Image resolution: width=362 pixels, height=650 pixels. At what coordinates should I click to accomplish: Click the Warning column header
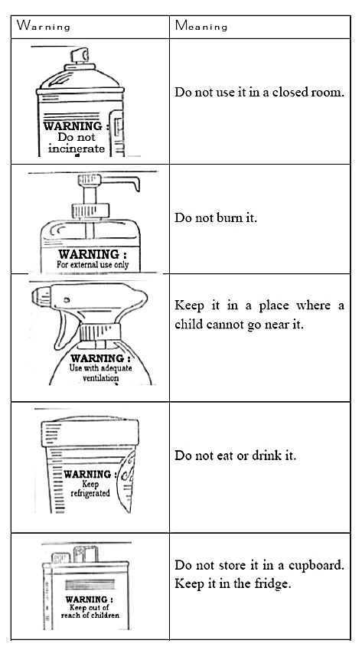pos(43,26)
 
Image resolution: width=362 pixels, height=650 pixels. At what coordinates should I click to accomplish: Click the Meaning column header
pos(201,26)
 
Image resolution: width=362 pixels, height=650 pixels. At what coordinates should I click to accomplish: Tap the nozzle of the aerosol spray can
pos(80,55)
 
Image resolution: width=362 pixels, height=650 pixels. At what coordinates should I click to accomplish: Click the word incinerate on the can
pos(77,149)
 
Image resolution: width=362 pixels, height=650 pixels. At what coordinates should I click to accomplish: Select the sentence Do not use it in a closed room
pos(259,92)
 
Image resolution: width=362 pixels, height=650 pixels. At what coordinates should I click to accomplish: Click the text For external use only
pos(93,264)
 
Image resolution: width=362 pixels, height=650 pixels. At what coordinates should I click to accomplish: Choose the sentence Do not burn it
pos(216,217)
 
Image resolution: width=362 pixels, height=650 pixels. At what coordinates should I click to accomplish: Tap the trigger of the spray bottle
pos(61,329)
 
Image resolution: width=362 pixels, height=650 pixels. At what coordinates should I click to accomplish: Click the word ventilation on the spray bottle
pos(101,377)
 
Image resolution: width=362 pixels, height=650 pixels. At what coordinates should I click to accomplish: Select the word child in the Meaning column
pos(188,323)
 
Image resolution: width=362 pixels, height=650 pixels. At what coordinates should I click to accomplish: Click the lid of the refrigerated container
pos(90,432)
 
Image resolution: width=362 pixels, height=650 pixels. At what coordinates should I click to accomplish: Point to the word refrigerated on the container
pos(90,493)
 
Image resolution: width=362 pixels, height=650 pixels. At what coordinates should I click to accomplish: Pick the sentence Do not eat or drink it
pos(235,456)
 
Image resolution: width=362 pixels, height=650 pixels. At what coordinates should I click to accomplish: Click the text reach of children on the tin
pos(90,616)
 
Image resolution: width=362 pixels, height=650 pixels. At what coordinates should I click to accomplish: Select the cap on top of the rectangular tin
pos(86,554)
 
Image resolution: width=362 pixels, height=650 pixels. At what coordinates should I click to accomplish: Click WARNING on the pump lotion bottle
pos(93,254)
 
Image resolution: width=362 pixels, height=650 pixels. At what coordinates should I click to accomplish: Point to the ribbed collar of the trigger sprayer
pos(99,332)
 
